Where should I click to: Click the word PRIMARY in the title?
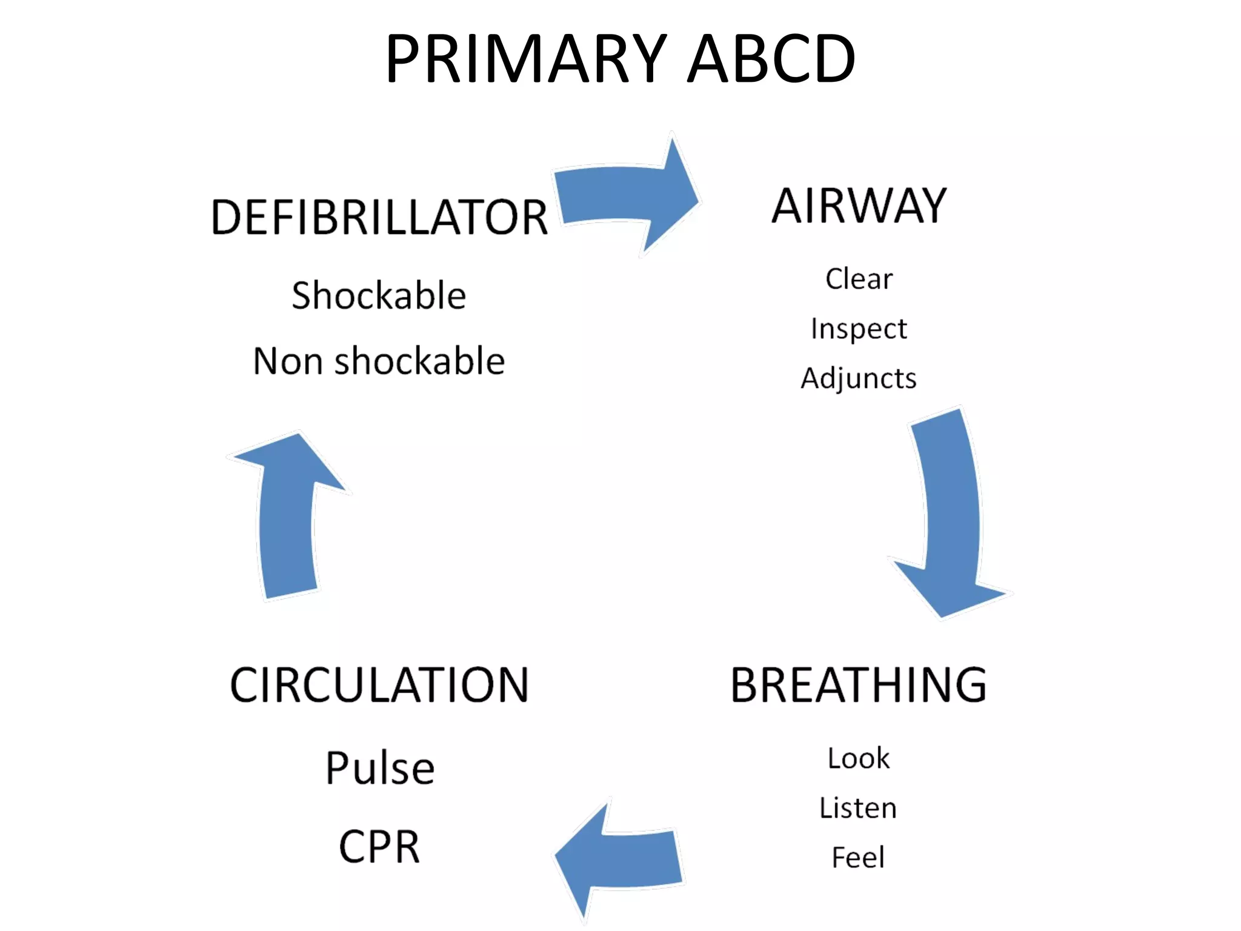click(526, 59)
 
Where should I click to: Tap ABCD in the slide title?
click(771, 59)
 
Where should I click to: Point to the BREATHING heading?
click(859, 685)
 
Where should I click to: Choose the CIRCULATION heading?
click(379, 685)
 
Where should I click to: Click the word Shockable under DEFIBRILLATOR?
click(379, 295)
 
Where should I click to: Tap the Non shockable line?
click(379, 361)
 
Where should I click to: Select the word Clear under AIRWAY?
click(859, 279)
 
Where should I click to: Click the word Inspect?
click(859, 329)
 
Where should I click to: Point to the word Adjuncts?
click(859, 378)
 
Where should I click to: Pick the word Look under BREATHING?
click(859, 758)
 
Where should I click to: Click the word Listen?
click(859, 808)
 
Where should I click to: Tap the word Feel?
click(859, 857)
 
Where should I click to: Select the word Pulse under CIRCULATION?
click(380, 768)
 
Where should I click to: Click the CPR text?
click(379, 847)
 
